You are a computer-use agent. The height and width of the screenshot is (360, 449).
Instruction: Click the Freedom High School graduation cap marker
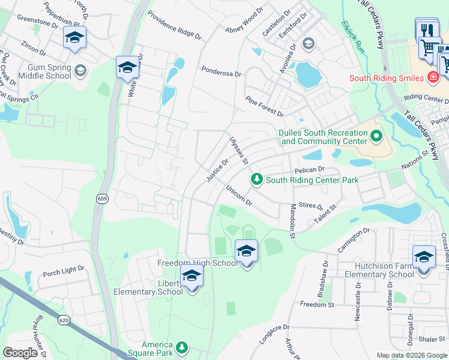[246, 251]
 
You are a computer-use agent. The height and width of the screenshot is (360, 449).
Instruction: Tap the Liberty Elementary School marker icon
[192, 277]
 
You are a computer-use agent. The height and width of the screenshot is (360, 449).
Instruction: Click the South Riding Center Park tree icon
[257, 179]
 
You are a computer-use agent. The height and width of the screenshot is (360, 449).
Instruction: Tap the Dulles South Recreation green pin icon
[376, 136]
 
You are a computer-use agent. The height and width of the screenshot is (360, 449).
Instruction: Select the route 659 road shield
[100, 199]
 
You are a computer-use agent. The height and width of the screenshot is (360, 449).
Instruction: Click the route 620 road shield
[64, 320]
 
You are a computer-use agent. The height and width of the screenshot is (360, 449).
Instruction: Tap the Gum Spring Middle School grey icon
[80, 72]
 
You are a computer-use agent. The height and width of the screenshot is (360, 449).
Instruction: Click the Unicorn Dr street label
[239, 196]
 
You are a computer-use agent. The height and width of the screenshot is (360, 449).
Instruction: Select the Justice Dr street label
[217, 170]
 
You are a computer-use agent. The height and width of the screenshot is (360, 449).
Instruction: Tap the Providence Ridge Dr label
[174, 25]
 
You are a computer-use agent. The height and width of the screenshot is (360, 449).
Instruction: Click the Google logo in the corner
[20, 353]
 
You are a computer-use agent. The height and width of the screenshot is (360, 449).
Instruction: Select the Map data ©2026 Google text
[411, 355]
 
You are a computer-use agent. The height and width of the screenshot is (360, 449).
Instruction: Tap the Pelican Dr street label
[309, 170]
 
